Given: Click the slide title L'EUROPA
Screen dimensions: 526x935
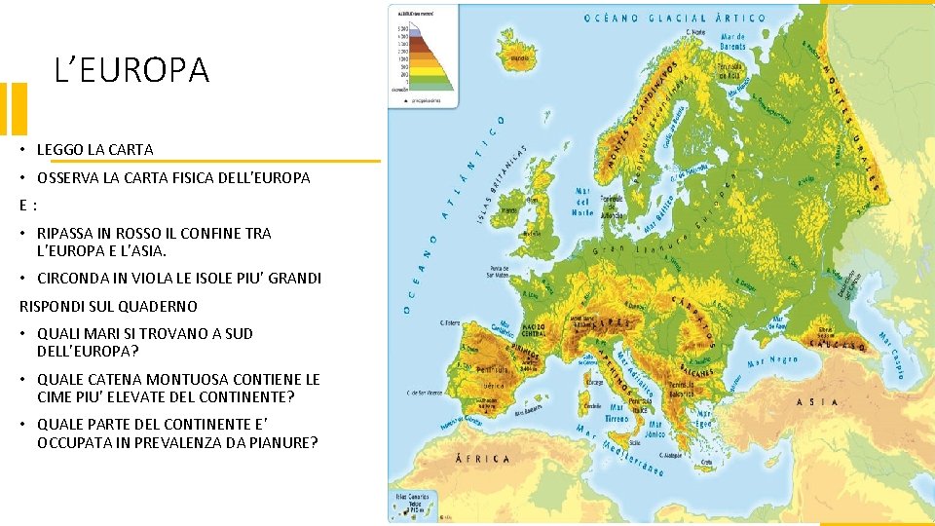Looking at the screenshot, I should point(131,70).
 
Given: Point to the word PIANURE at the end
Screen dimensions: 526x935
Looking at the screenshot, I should point(280,443).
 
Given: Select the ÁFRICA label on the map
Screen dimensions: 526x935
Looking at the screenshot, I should point(488,458).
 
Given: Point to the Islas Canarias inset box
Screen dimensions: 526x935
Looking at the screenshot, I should point(415,503).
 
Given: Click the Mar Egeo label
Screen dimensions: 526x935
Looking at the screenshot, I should point(704,419).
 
